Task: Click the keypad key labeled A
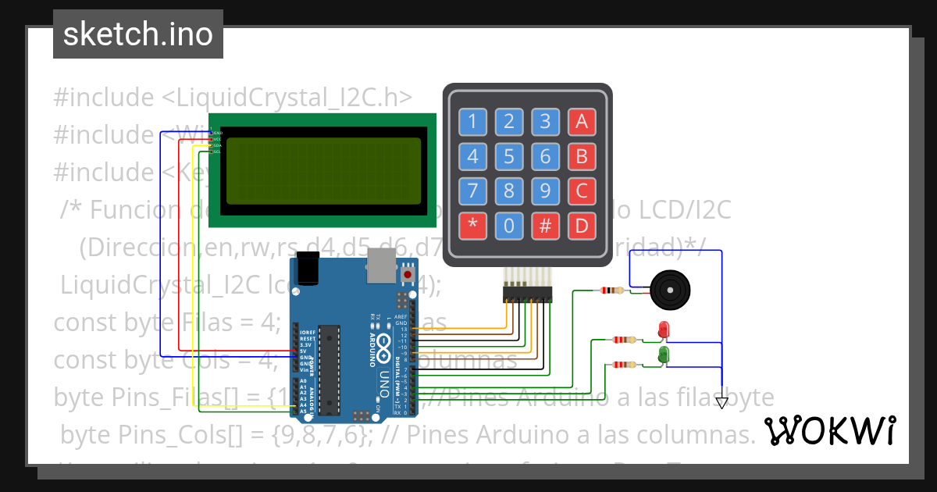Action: [582, 121]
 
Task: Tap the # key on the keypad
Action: [545, 226]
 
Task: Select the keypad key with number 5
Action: [509, 157]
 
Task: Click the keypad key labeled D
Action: [582, 226]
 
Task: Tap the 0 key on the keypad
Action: [509, 226]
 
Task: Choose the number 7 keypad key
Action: [472, 191]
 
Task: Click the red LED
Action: [664, 330]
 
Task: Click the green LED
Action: [664, 355]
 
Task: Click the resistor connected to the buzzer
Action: [611, 291]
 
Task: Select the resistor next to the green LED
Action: [622, 365]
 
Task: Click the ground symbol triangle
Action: [721, 403]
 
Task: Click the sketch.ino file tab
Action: [138, 34]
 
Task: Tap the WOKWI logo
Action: [829, 431]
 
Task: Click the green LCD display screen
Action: [323, 171]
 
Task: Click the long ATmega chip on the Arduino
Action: [330, 368]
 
